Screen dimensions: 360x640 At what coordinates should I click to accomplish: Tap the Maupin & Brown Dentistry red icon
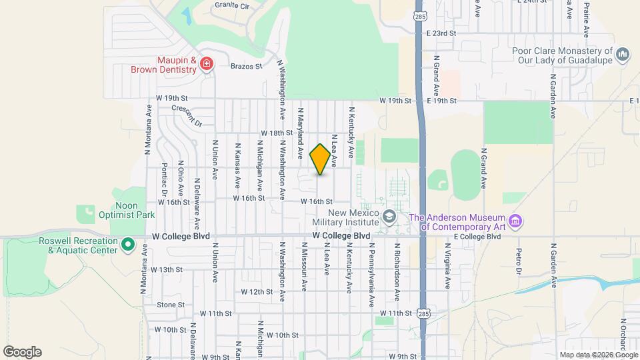coord(207,63)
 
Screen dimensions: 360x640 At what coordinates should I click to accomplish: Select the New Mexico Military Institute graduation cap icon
coord(389,216)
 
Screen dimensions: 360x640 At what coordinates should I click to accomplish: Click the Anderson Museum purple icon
coord(514,221)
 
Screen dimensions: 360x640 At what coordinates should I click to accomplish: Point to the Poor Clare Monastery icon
coord(623,53)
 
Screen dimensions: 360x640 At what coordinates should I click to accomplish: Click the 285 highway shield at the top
coord(419,15)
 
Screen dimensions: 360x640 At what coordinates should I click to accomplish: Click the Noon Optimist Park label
coord(117,211)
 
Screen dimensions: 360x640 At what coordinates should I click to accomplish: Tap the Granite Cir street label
coord(231,5)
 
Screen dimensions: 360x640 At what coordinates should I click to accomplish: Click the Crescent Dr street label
coord(187,115)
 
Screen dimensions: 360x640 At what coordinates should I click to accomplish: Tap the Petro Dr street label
coord(518,261)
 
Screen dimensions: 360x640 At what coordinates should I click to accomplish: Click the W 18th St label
coord(277,133)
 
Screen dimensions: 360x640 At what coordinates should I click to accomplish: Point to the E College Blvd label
coord(477,237)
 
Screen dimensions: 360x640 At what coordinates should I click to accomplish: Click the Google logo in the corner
coord(22,352)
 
